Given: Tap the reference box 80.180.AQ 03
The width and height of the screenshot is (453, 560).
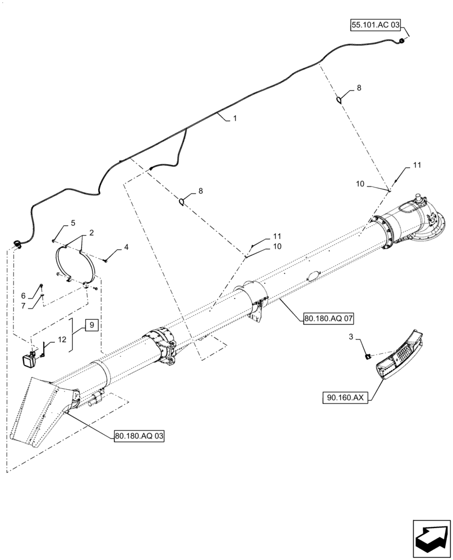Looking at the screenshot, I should click(x=139, y=436).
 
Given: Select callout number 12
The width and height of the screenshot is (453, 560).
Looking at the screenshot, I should click(x=62, y=340).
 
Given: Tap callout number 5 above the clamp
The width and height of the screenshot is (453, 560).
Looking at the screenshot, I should click(x=72, y=223).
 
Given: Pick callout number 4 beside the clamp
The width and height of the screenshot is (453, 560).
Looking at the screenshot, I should click(x=126, y=246).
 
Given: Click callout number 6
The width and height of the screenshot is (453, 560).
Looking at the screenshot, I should click(x=24, y=295).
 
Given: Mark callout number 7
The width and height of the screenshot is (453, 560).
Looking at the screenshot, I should click(x=24, y=305).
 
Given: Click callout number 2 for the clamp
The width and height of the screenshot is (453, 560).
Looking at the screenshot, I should click(x=91, y=232).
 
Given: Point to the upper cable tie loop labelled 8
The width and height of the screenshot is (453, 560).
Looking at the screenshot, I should click(x=340, y=100).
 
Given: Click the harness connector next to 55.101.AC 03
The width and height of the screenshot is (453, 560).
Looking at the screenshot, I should click(x=401, y=40).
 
